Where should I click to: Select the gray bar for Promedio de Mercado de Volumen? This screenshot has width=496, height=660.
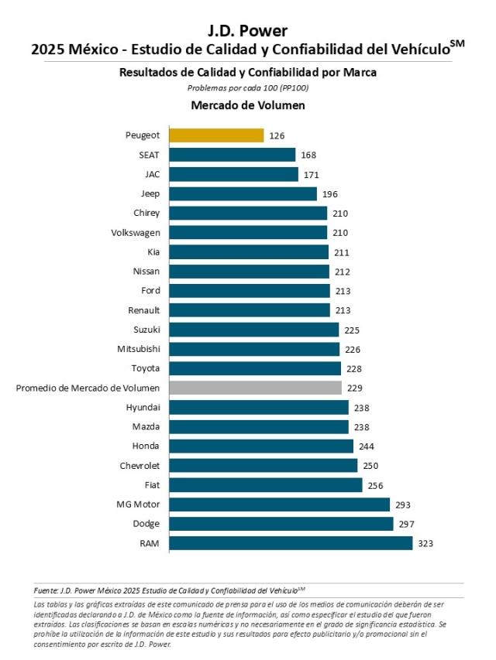[255, 388]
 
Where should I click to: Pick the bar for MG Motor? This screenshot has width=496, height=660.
[279, 504]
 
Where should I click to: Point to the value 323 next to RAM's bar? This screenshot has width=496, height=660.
[425, 543]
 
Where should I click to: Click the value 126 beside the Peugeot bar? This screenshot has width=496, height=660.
[277, 135]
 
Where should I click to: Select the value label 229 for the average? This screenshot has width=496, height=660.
[355, 388]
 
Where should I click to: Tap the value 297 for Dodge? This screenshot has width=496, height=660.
[406, 524]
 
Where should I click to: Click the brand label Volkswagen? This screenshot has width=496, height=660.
[136, 232]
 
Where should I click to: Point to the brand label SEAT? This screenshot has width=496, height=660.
[149, 155]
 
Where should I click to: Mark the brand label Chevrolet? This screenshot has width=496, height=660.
[140, 466]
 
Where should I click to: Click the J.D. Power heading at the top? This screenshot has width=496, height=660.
[247, 31]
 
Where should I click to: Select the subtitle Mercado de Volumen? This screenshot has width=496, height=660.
[247, 104]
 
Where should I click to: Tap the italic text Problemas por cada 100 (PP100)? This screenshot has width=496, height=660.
[247, 87]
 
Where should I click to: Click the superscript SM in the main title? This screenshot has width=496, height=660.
[457, 44]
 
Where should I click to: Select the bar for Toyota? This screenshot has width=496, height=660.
[255, 368]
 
